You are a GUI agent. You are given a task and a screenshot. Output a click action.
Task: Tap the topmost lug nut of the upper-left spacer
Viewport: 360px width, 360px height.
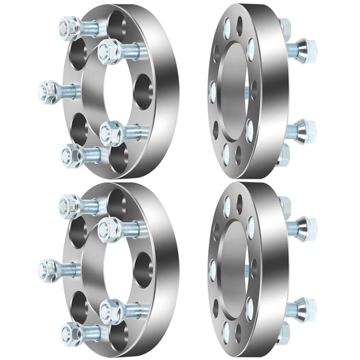69,26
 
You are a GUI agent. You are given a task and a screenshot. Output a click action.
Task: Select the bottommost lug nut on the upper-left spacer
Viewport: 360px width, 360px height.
72,152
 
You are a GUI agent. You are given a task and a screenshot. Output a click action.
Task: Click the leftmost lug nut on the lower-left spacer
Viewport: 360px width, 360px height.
47,269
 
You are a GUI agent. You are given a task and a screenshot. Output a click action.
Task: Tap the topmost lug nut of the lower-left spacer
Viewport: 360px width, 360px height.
69,204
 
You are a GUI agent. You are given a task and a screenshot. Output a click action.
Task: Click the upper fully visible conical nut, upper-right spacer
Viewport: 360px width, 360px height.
306,48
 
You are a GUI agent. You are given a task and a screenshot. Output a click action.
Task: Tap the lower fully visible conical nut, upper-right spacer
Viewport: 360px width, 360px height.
306,130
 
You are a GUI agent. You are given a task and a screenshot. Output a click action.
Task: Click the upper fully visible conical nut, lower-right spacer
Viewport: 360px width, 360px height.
306,226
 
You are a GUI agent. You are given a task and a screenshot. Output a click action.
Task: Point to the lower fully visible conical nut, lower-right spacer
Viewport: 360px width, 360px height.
306,307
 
